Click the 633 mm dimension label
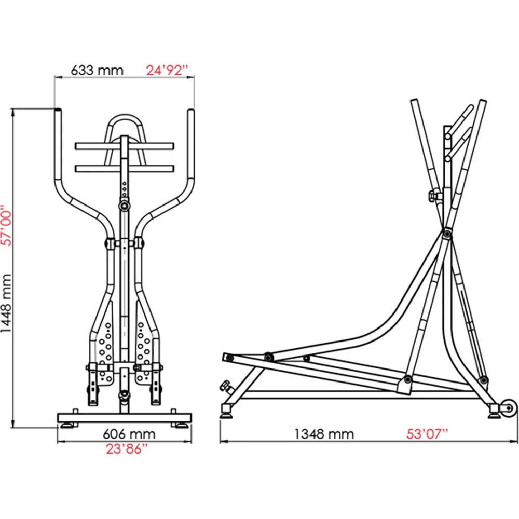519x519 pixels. (97, 70)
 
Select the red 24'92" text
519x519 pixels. (167, 70)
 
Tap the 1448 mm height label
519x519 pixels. (6, 304)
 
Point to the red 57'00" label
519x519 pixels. (6, 225)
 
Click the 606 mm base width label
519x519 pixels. (129, 434)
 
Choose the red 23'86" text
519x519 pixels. (127, 449)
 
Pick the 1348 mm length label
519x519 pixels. (324, 434)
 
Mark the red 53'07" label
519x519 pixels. (427, 434)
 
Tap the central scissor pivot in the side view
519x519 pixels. (447, 234)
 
